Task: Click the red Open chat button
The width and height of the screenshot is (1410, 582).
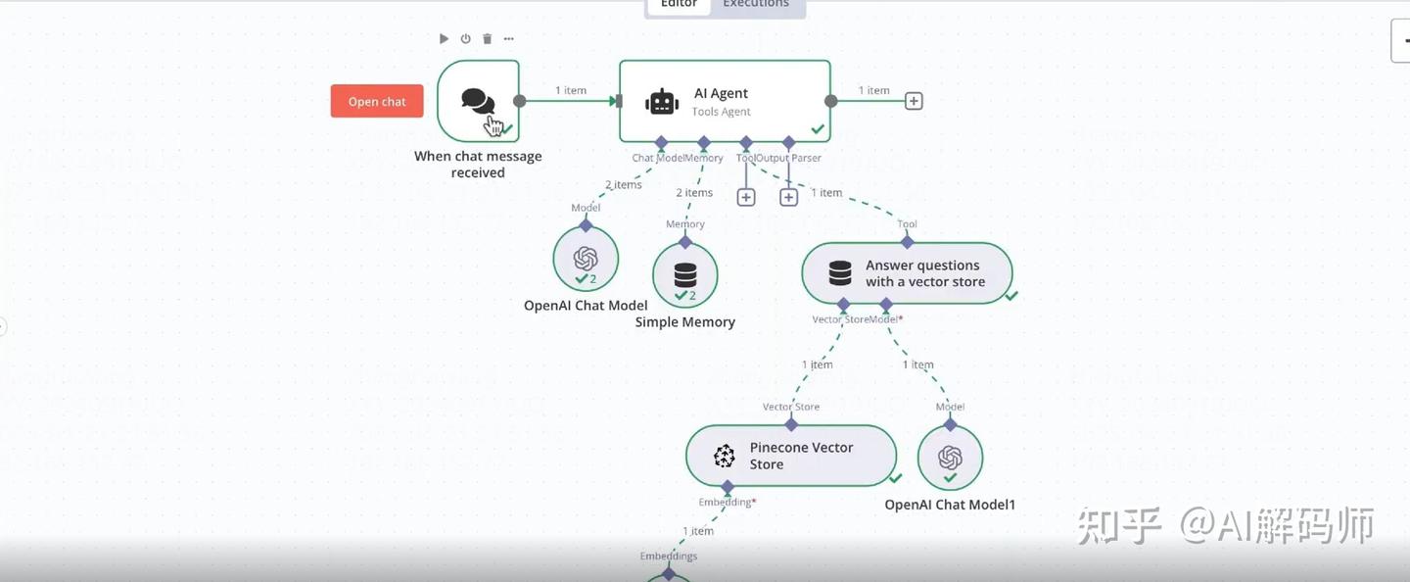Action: pos(377,102)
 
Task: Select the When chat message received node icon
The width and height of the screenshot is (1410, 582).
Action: pos(478,101)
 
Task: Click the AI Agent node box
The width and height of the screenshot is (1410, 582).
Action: pos(725,101)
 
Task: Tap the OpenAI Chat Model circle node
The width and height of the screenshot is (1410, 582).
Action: pos(586,259)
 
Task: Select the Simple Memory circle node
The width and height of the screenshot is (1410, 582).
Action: pos(685,275)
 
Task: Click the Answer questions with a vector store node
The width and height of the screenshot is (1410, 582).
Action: pos(907,273)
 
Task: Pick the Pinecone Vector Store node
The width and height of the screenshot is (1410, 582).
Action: pos(791,456)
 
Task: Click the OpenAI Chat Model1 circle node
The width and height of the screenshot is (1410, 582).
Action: pos(950,458)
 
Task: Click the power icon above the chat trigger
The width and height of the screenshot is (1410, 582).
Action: pos(465,39)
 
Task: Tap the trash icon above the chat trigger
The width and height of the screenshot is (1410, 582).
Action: pos(487,39)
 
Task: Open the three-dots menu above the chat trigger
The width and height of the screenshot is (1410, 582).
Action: pos(508,39)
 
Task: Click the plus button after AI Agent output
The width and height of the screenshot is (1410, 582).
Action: pos(914,101)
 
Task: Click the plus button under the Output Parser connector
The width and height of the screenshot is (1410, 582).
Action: pos(788,197)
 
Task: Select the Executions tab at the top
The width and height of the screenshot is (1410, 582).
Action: pos(755,5)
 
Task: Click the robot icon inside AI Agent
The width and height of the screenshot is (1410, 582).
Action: pos(662,102)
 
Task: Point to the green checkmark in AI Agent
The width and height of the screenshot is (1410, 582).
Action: pos(817,129)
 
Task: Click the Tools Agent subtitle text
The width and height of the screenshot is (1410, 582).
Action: pos(721,112)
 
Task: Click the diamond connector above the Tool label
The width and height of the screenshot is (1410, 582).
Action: pos(908,241)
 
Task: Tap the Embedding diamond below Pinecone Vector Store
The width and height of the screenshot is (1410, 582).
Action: pos(727,487)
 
